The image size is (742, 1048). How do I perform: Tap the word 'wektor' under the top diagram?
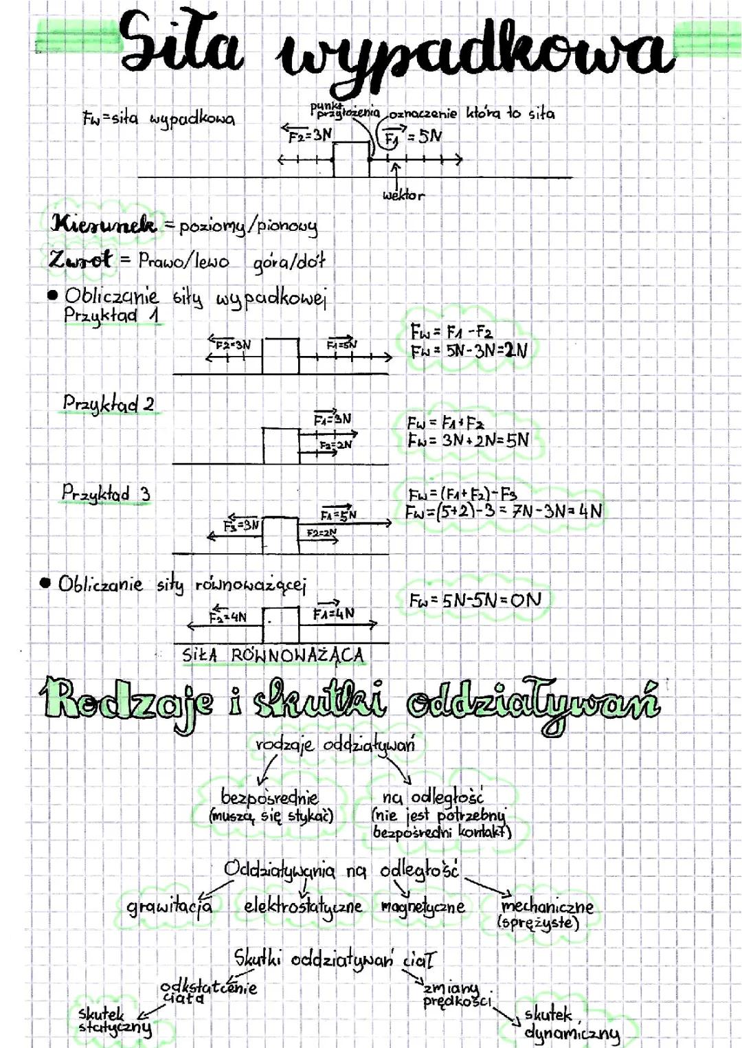pos(403,195)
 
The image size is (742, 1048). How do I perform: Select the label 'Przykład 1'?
pos(112,316)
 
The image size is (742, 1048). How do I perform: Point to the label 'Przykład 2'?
pos(109,403)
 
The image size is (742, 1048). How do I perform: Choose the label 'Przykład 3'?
pos(106,493)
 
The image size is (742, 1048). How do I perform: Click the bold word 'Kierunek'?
pos(104,224)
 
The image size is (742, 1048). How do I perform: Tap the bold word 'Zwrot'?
pos(80,260)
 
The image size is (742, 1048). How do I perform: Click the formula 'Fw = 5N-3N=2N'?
pos(469,351)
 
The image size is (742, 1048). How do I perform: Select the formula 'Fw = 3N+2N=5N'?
pos(469,440)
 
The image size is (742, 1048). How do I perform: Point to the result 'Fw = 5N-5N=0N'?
pos(475,600)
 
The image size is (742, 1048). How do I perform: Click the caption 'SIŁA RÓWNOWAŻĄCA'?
pos(273,655)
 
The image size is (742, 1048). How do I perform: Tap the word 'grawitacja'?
pos(170,906)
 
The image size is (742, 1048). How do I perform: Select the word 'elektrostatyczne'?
pos(303,906)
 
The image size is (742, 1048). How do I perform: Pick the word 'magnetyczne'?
pos(423,906)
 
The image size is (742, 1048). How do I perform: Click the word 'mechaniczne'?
pos(548,906)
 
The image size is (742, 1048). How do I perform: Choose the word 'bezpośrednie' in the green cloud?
pos(269,797)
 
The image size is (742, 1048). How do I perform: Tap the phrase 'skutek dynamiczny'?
pos(570,1024)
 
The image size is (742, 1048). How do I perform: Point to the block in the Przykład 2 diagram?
pos(280,445)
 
